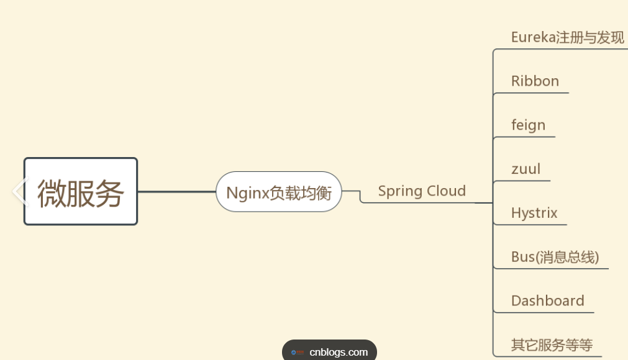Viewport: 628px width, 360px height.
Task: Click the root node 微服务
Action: coord(80,192)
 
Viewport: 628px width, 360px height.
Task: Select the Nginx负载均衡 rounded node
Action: coord(279,192)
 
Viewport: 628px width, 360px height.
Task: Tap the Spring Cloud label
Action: coord(422,191)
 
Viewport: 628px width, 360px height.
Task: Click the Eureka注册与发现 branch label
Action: coord(567,37)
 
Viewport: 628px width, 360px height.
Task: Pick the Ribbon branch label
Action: coord(535,81)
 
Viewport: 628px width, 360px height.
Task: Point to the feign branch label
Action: coord(528,125)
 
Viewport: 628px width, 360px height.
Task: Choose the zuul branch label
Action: coord(526,169)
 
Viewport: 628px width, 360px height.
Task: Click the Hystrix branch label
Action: coord(534,213)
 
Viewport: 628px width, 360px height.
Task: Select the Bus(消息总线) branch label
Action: coord(555,257)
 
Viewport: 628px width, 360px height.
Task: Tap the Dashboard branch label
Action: coord(547,301)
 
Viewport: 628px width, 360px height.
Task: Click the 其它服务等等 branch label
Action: coord(552,345)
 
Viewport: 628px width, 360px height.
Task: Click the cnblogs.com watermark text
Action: coord(339,352)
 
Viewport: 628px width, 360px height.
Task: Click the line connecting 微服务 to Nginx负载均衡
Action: coord(176,192)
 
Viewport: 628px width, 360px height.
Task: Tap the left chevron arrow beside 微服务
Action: coord(20,191)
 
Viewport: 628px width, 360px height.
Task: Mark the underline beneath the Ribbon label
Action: coord(531,93)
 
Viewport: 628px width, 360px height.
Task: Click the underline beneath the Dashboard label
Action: coord(544,312)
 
